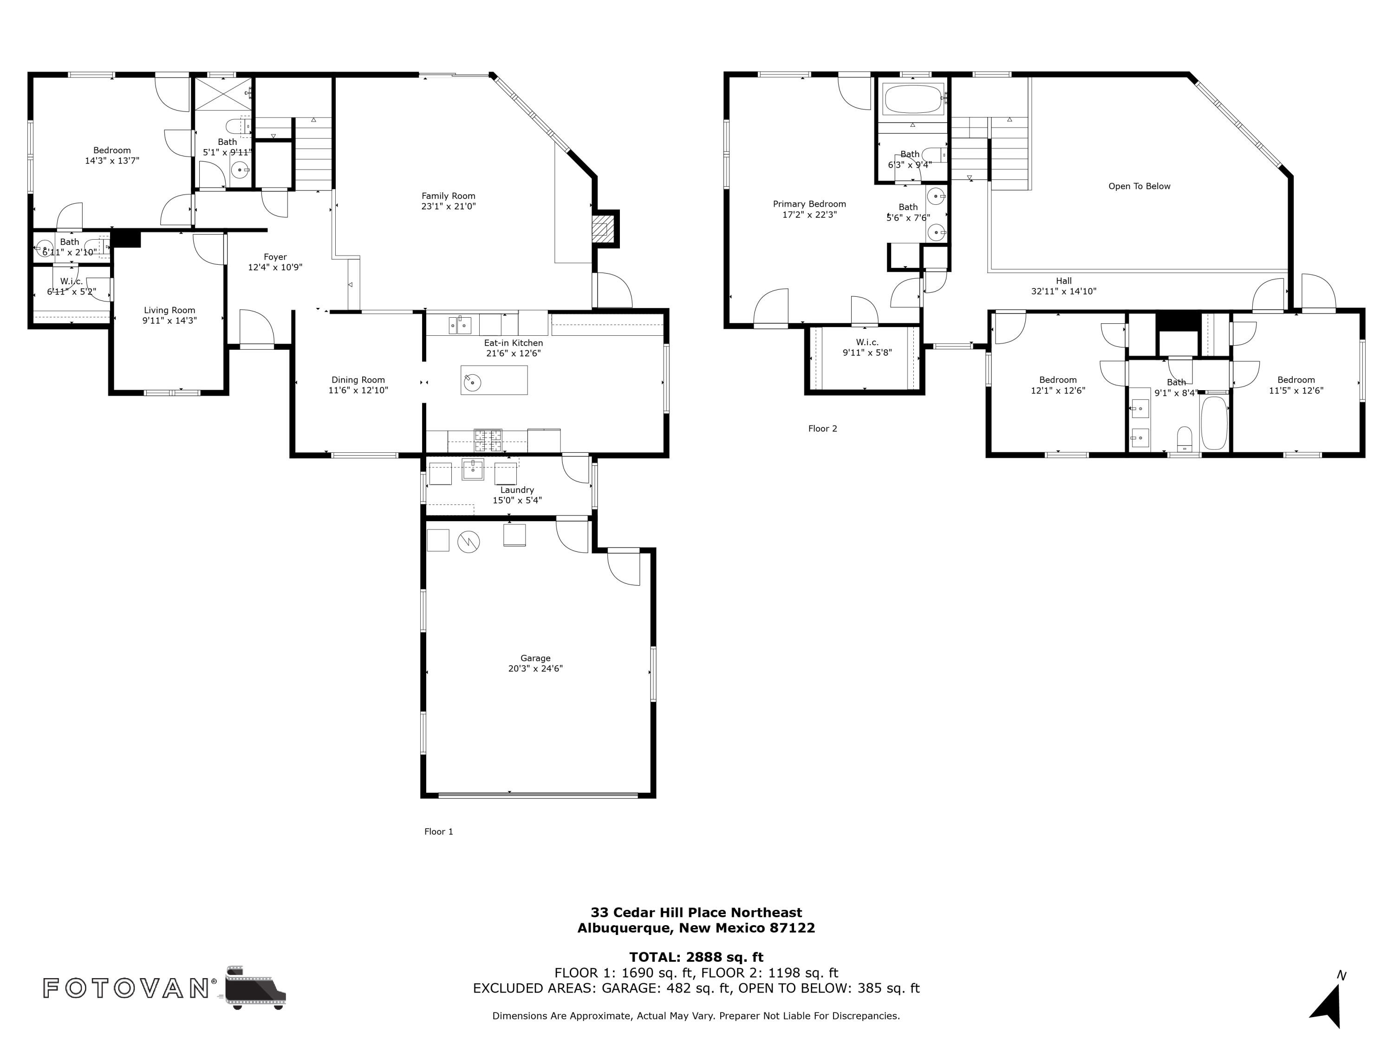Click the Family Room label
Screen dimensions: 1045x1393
[x=449, y=196]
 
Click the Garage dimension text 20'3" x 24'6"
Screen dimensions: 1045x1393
[x=535, y=668]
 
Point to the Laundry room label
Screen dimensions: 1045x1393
[x=517, y=490]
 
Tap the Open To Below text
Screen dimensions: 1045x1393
[x=1139, y=186]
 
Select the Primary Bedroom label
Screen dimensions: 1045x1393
[x=809, y=204]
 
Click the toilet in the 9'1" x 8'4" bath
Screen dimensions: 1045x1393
[x=1185, y=438]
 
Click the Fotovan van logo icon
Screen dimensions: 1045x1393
[x=255, y=988]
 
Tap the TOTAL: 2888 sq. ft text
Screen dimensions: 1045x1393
[x=696, y=957]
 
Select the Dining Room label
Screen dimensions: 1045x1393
[x=358, y=380]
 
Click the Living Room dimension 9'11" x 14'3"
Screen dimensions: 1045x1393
[x=169, y=320]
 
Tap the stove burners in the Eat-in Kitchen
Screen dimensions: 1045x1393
[x=488, y=440]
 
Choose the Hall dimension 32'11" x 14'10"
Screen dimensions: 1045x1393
[x=1064, y=291]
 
